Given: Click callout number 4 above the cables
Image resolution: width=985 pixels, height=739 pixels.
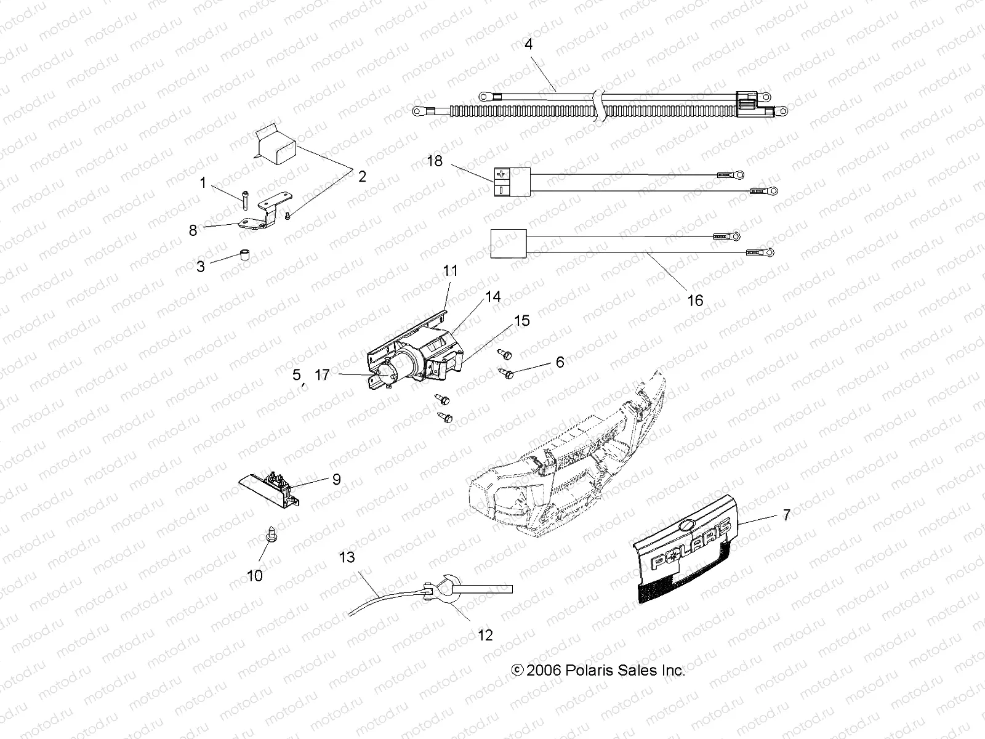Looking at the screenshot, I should (x=528, y=44).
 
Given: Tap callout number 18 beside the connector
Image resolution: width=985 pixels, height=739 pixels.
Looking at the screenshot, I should (x=435, y=161).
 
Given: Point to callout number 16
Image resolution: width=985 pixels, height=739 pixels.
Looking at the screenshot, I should (x=694, y=301).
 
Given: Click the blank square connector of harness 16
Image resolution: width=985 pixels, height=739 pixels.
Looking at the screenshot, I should (x=509, y=243).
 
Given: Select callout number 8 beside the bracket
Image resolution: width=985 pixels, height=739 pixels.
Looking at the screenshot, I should (x=193, y=230).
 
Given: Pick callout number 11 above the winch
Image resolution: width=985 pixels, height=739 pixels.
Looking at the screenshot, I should (x=451, y=270).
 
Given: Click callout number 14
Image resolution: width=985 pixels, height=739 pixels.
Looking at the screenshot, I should (x=492, y=297).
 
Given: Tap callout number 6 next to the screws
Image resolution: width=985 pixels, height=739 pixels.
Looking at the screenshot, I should (x=560, y=362).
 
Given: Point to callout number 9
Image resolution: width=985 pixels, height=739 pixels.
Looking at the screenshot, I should (x=336, y=479).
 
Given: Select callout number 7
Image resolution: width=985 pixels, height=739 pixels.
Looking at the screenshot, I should (x=786, y=515).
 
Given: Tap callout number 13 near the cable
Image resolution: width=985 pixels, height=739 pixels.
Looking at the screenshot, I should (x=347, y=557).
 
